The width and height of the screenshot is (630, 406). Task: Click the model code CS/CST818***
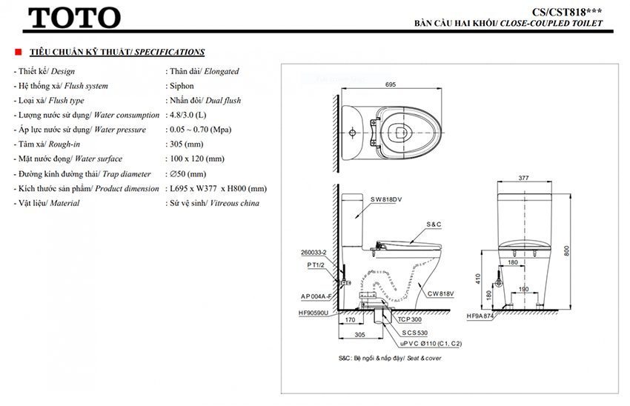pos(567,11)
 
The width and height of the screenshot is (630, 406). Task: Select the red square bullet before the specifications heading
pos(19,53)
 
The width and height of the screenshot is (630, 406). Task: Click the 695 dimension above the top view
pos(391,84)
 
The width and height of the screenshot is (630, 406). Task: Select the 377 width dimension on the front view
pos(525,179)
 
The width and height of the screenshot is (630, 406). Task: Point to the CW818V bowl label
pos(440,293)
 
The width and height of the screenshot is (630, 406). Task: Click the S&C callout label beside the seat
pos(434,224)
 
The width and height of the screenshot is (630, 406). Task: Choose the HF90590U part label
pos(314,313)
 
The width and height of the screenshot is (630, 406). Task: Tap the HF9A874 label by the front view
pos(480,316)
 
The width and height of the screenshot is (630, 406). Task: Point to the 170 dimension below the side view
pos(348,321)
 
